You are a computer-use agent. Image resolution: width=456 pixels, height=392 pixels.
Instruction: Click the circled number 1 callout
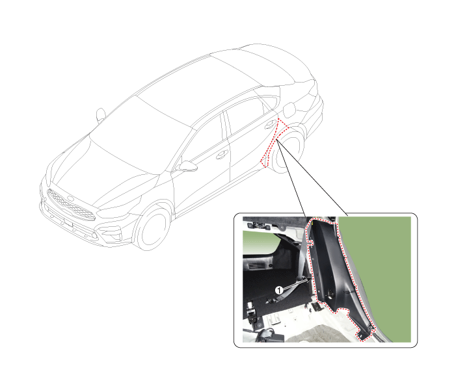[279, 291]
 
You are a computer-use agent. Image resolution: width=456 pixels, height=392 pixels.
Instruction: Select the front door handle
[222, 154]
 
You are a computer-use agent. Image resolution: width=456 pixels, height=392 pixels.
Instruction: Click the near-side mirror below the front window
[187, 166]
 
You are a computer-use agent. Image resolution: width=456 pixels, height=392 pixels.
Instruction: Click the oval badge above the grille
[71, 199]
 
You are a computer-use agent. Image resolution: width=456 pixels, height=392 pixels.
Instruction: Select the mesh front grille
[71, 205]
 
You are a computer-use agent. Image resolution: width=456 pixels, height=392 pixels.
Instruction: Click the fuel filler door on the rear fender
[289, 110]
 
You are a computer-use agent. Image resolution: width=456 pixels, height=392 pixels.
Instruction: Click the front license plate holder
[68, 222]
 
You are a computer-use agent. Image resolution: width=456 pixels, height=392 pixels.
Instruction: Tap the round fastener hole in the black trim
[330, 293]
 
